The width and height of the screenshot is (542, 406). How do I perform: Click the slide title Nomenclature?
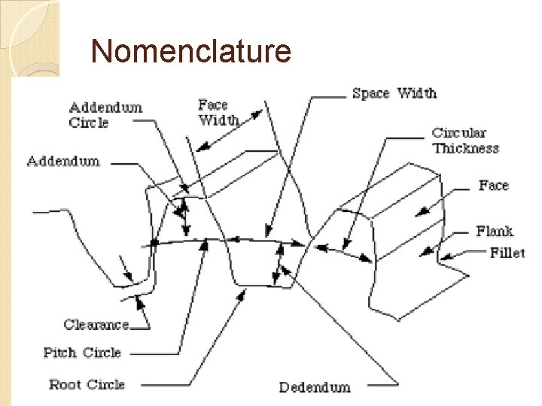point(190,51)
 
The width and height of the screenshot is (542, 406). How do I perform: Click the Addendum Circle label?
point(105,115)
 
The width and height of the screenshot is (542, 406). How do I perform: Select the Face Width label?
point(218,113)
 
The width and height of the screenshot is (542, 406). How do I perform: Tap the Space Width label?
point(394,93)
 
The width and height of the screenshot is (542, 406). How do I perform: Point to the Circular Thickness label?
point(464,141)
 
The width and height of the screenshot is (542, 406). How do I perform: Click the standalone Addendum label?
point(63,161)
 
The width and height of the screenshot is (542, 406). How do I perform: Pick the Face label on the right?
point(493,185)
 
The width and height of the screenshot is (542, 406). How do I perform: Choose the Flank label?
point(494,231)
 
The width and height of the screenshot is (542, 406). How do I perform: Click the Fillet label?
point(507,253)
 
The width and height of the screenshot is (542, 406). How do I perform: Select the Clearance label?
point(96,325)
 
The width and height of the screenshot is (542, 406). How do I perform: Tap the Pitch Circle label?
point(82,353)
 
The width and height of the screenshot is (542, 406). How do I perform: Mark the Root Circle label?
point(87,384)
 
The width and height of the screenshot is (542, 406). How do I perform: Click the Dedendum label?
point(315,387)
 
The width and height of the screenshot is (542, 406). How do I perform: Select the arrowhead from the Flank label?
point(425,251)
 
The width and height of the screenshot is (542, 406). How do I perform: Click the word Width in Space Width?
point(416,93)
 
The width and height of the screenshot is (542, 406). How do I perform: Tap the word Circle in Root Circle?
point(105,384)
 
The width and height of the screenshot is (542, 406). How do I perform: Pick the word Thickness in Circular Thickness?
point(465,148)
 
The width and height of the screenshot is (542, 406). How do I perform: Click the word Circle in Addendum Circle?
point(89,123)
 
